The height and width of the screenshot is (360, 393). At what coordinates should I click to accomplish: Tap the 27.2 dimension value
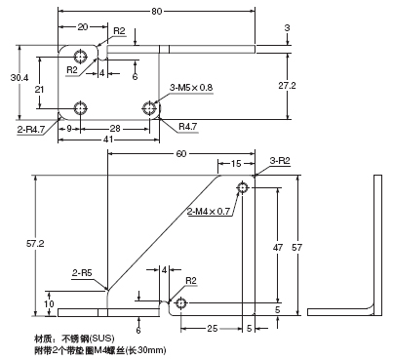coord(286,86)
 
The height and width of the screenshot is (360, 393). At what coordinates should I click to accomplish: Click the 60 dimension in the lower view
coord(180,154)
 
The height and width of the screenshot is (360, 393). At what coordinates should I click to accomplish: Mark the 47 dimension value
coord(278,249)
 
